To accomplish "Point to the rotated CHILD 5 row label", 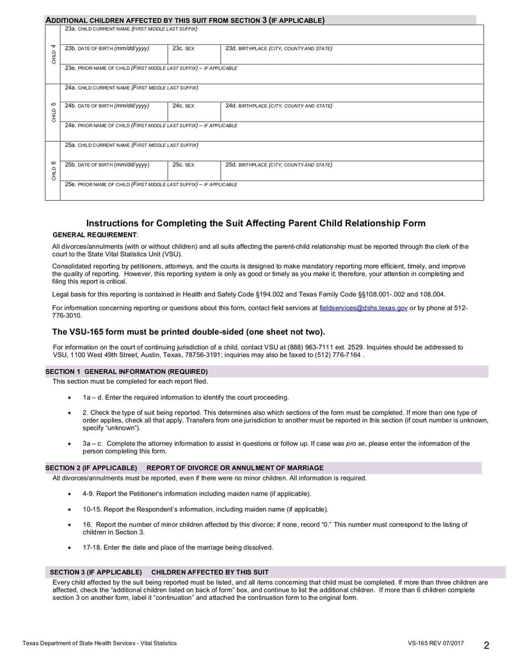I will pos(53,112).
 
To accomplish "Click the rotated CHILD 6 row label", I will pos(53,171).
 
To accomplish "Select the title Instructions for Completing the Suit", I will pos(255,223).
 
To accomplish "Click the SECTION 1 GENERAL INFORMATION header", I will pos(126,372).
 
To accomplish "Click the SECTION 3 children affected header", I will pos(159,571).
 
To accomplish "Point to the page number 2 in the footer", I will pos(486,644).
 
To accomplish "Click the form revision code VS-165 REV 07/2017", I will pos(435,643).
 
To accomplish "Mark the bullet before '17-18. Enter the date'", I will pos(69,548).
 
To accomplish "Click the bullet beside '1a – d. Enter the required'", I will pos(69,397).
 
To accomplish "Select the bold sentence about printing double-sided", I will pos(188,331).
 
